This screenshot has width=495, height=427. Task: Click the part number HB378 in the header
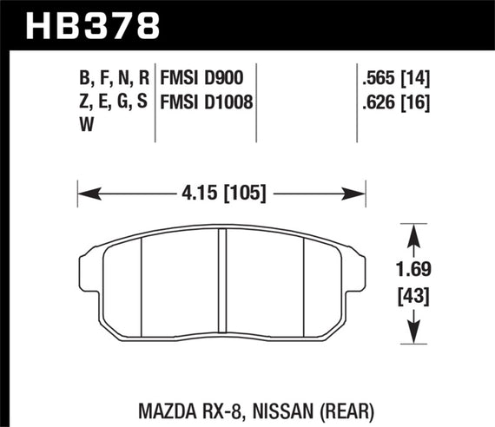pos(94,23)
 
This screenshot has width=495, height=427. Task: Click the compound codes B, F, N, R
pos(113,80)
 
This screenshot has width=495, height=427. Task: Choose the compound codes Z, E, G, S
pos(113,102)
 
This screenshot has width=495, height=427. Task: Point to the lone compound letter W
pos(88,125)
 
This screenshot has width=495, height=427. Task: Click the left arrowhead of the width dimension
pos(85,193)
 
